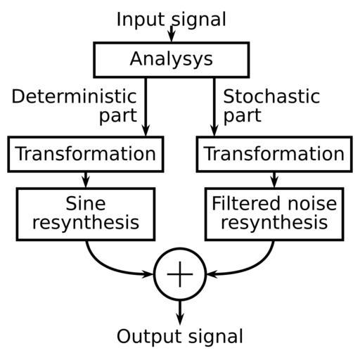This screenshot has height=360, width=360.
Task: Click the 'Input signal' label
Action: click(x=172, y=20)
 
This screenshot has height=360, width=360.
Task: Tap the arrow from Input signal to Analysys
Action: click(x=172, y=34)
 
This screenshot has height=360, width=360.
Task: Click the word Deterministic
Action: click(x=74, y=96)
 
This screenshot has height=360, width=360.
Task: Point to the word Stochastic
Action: click(x=271, y=96)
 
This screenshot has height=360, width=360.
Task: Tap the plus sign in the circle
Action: click(x=180, y=274)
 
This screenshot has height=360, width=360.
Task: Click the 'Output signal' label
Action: click(x=180, y=337)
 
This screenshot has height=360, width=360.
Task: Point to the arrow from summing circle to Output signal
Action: click(x=180, y=312)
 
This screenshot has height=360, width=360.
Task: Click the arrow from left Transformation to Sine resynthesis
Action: click(x=86, y=180)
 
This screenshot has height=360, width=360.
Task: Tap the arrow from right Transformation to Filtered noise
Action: click(x=274, y=180)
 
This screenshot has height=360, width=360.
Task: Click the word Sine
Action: click(x=86, y=203)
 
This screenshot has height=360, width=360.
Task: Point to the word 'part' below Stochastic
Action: click(x=243, y=116)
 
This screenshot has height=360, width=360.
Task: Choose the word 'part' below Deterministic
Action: click(x=118, y=116)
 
